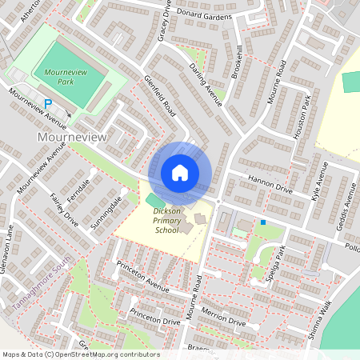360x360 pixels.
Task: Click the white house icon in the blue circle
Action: tap(180, 172)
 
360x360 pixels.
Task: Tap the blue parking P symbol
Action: tap(48, 103)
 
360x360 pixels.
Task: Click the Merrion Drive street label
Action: tap(223, 314)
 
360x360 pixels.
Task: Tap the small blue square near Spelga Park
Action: tap(263, 222)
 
